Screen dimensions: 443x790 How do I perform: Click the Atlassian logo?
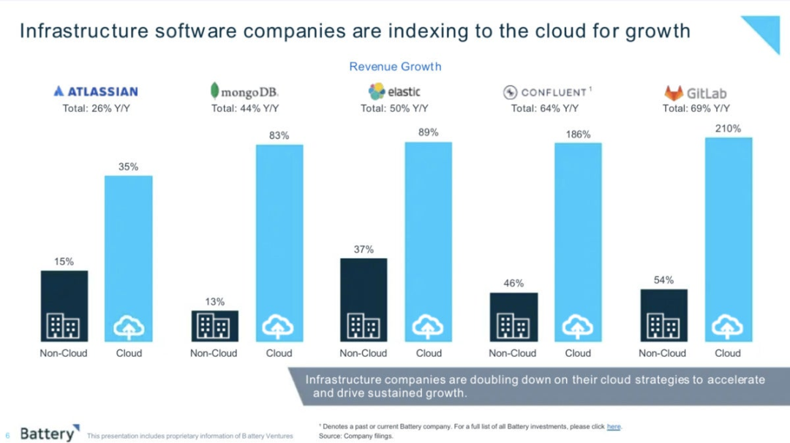96,91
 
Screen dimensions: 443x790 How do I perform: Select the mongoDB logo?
244,91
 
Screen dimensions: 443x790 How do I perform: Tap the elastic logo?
394,91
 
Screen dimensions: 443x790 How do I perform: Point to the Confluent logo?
545,92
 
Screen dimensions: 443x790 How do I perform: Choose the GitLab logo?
695,93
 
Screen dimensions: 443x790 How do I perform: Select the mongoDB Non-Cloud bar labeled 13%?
214,325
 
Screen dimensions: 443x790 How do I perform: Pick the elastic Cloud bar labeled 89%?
429,241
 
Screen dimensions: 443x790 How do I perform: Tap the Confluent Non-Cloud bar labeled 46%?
513,317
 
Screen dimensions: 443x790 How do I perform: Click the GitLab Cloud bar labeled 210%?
728,238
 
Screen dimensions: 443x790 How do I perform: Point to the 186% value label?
577,135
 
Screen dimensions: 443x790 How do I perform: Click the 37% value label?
364,249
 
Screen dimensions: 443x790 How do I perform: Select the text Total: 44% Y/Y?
245,108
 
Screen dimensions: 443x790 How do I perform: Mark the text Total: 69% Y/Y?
696,108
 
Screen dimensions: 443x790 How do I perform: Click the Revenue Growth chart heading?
395,67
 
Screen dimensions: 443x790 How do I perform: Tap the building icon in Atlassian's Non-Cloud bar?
64,326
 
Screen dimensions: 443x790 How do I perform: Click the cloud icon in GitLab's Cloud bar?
728,326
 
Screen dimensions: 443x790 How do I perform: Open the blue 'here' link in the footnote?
614,426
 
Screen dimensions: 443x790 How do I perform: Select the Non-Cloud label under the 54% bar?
662,353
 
